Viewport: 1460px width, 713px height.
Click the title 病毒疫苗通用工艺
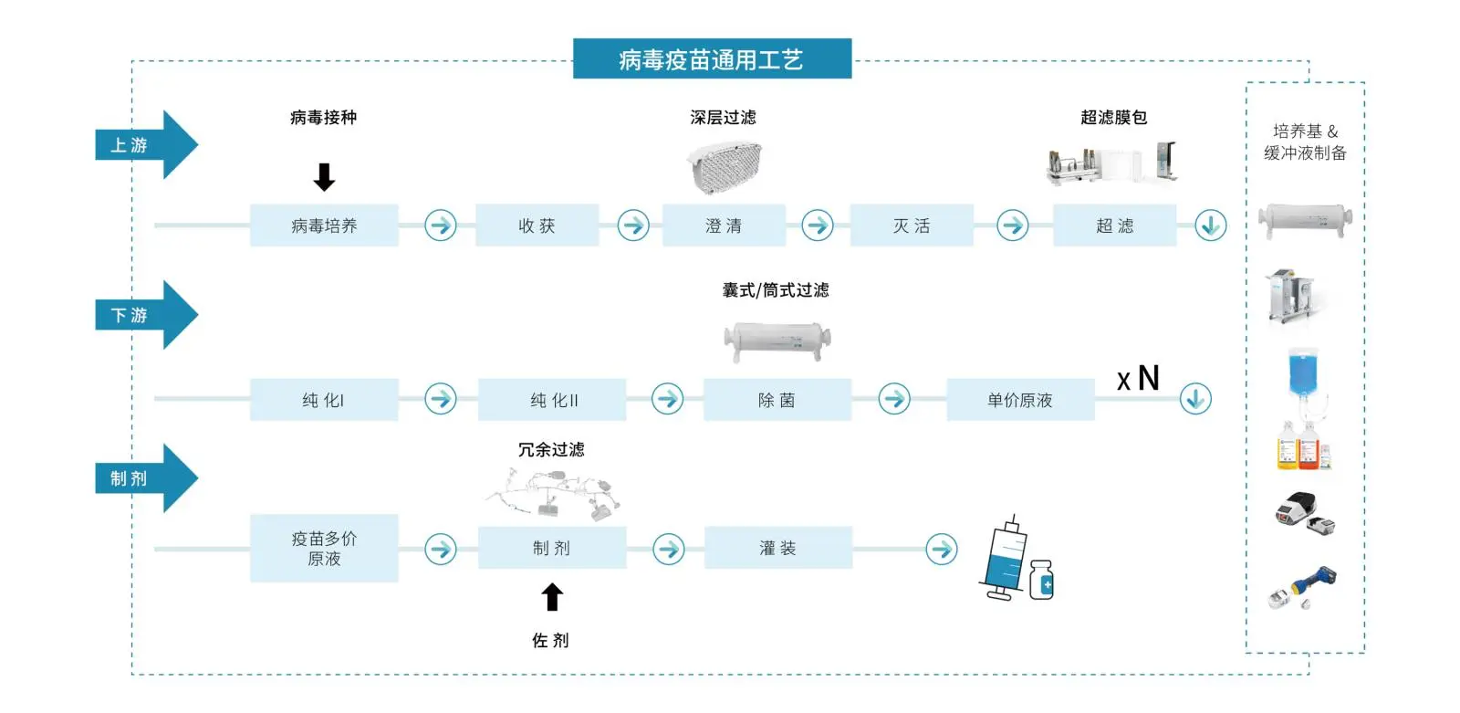click(712, 58)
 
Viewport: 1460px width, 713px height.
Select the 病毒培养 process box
click(324, 225)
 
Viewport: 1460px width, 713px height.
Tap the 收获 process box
click(537, 225)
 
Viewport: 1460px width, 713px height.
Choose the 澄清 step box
click(724, 225)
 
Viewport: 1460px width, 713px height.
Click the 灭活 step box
click(912, 225)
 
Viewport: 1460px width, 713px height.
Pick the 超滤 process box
click(1114, 225)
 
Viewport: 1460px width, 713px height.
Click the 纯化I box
click(324, 399)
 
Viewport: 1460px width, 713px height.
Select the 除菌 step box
click(777, 399)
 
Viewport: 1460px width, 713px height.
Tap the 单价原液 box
click(1021, 399)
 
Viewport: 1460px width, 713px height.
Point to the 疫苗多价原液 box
click(324, 548)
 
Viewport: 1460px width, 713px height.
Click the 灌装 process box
click(778, 548)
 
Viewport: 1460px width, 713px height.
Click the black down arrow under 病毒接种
click(324, 177)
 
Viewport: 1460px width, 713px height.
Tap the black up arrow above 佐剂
click(552, 596)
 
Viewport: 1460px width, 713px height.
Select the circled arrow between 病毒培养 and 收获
click(441, 225)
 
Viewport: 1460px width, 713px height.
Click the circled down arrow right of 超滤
click(1210, 225)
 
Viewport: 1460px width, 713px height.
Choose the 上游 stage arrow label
click(146, 145)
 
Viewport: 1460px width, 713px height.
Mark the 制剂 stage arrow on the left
click(146, 478)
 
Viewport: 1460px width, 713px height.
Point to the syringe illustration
click(1005, 558)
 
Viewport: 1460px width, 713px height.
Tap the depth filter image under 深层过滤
click(725, 167)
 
